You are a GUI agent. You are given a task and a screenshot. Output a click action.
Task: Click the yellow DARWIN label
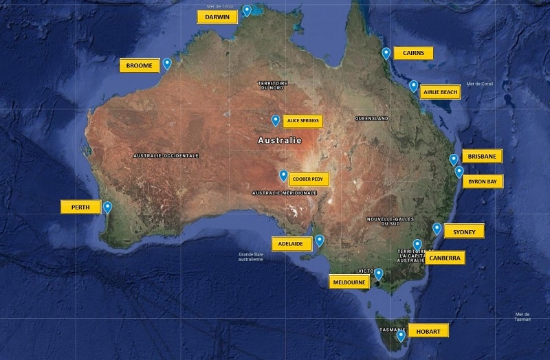(x=217, y=17)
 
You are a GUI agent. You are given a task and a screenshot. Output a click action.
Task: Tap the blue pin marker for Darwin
(x=247, y=10)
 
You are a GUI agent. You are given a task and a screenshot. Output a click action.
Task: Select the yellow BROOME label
(x=140, y=66)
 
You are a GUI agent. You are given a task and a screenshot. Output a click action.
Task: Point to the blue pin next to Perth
(x=108, y=206)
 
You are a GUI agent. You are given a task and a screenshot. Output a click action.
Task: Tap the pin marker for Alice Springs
(x=276, y=120)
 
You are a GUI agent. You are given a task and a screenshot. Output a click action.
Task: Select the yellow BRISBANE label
(x=482, y=157)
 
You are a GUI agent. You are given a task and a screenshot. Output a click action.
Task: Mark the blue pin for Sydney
(x=437, y=229)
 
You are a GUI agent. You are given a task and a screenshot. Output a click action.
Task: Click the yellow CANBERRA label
(x=445, y=258)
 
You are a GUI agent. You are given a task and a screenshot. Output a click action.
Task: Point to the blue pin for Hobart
(x=401, y=335)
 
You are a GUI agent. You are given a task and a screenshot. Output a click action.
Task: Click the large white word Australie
(x=279, y=141)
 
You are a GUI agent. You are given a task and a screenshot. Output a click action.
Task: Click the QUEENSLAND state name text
(x=372, y=118)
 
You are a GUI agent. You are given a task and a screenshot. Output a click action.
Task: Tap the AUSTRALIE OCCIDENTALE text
(x=166, y=156)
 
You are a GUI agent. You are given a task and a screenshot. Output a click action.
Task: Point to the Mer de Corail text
(x=480, y=84)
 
